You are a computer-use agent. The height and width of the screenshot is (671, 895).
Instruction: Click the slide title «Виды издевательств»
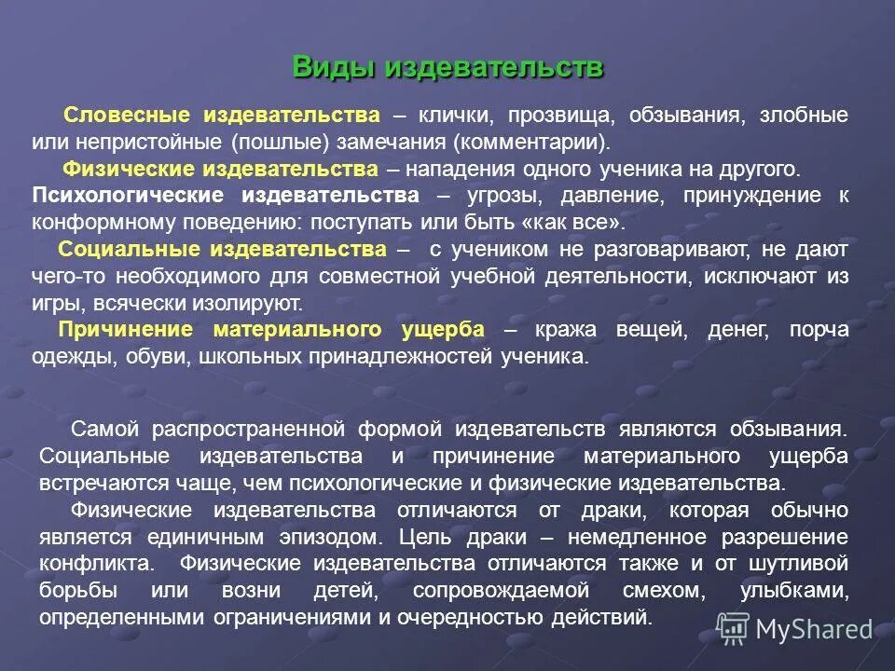(447, 68)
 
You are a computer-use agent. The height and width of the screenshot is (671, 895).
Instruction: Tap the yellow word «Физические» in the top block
(124, 170)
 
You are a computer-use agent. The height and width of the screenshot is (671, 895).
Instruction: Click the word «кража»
(562, 330)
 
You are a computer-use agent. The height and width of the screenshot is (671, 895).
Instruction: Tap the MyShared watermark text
(814, 630)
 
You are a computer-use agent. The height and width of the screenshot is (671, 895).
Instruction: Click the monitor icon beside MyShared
(733, 630)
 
